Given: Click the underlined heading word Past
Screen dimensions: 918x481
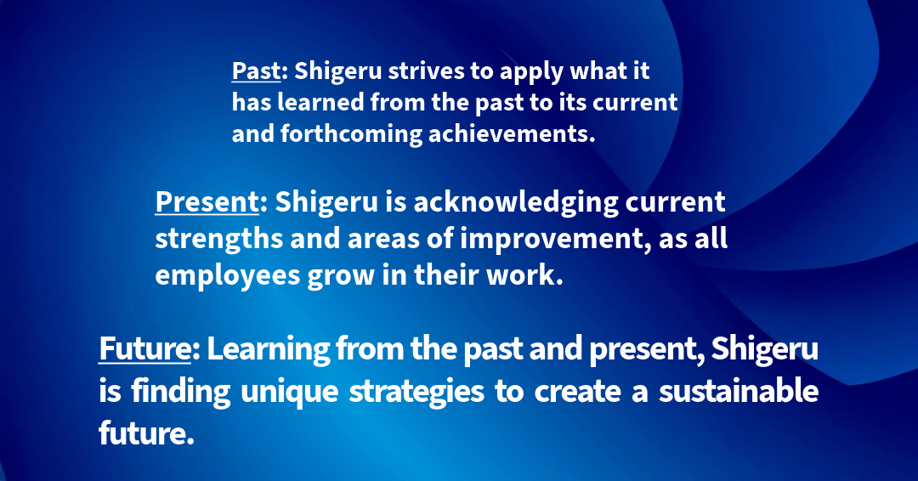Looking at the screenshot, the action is click(x=256, y=71).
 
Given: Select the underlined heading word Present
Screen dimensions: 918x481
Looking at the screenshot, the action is click(x=207, y=202).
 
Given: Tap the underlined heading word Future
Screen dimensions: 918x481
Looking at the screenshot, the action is click(x=144, y=348).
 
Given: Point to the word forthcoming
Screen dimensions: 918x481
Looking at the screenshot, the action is click(x=351, y=134).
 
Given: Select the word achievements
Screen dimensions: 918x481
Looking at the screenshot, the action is click(x=512, y=133).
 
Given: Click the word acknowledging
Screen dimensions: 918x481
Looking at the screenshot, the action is click(x=516, y=203).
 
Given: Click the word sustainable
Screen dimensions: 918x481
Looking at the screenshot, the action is click(x=739, y=390).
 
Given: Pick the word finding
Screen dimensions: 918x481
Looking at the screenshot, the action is click(x=181, y=392).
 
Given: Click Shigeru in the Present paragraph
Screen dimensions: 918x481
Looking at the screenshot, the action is click(x=326, y=203).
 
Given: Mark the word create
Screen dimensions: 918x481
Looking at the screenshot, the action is click(x=577, y=392).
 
